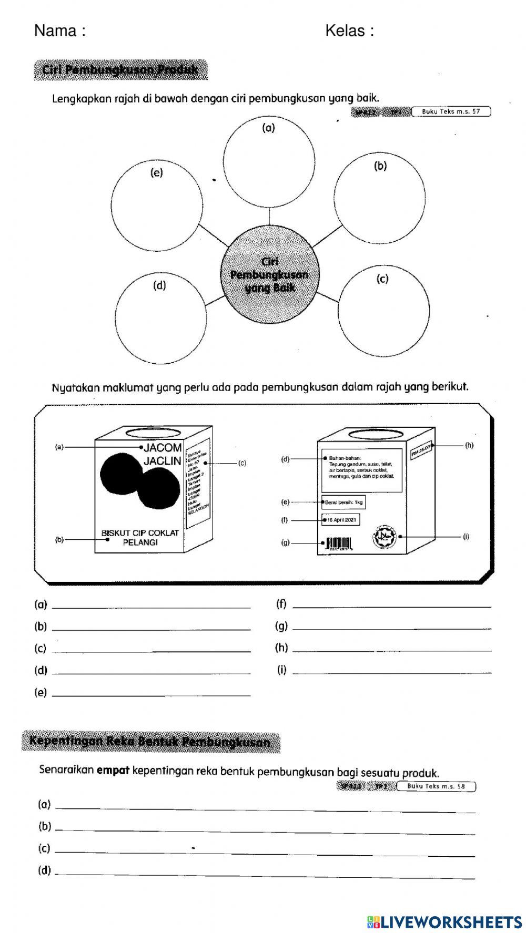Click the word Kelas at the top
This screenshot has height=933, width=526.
(x=345, y=31)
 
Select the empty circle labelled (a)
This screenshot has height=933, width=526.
(x=269, y=160)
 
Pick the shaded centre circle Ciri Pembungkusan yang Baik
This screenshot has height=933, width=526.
(x=269, y=274)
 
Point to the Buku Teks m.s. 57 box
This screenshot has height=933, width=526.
(x=451, y=111)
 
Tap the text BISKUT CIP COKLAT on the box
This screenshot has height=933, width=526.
(x=140, y=532)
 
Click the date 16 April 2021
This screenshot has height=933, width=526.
(x=342, y=520)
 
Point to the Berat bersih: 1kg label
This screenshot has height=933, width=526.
(x=343, y=503)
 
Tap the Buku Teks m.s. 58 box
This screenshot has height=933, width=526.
(x=436, y=786)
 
